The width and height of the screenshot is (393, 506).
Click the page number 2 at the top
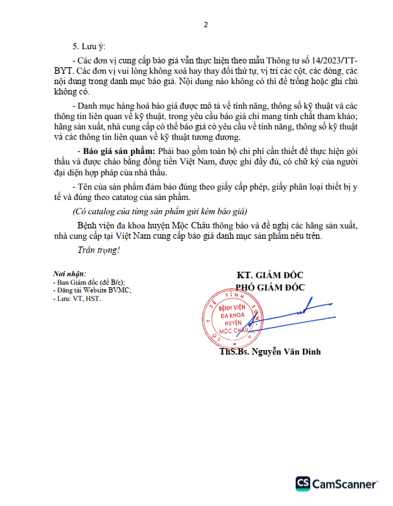(205, 25)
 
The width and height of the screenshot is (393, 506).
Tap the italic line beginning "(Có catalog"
(159, 212)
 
